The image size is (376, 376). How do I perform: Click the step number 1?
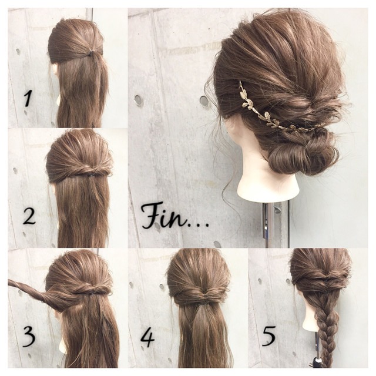tap(28, 99)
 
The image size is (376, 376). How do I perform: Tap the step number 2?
tap(29, 217)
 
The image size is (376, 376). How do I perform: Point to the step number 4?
tap(147, 338)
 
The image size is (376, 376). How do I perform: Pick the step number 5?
tap(269, 337)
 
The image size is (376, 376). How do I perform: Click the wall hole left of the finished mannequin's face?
tap(204, 100)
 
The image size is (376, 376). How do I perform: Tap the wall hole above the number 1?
tap(18, 51)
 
